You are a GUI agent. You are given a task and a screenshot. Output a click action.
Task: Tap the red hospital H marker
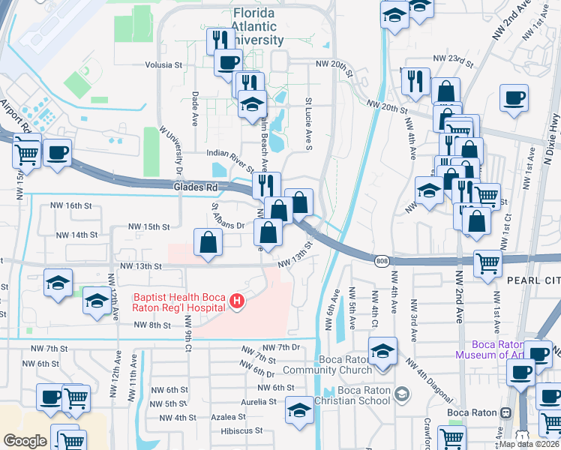(237, 302)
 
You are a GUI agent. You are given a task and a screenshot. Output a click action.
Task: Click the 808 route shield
(381, 259)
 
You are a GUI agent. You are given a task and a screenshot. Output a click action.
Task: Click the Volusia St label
(164, 65)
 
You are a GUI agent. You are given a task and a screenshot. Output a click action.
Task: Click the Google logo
(25, 441)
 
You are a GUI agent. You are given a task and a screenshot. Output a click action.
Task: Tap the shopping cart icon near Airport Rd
(27, 154)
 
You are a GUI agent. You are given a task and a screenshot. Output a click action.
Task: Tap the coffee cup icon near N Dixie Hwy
(515, 97)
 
